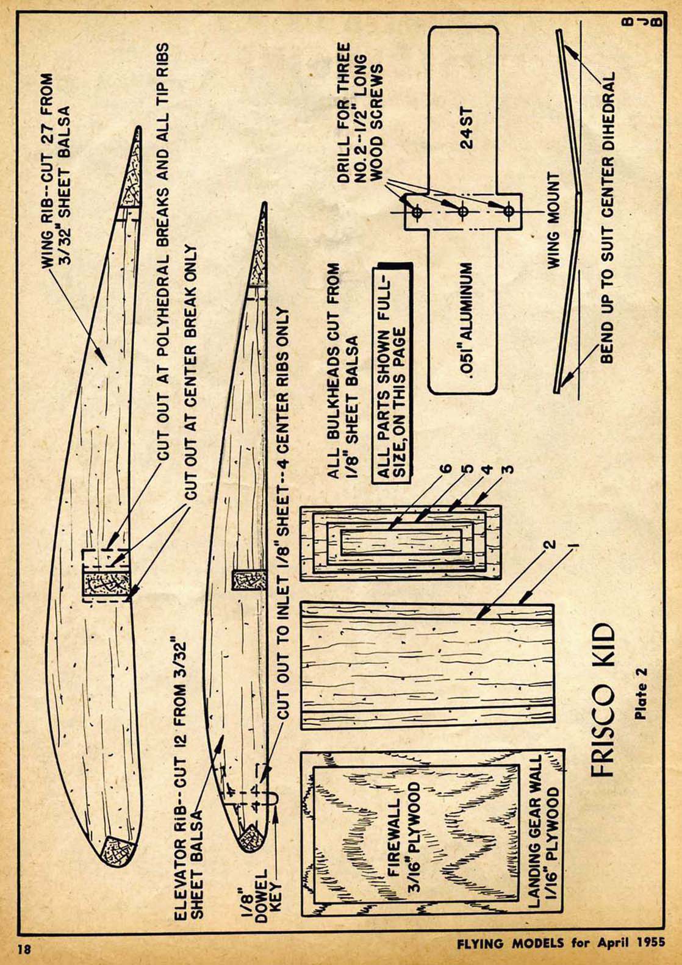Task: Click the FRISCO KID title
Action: click(x=603, y=700)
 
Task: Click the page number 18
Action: click(x=24, y=949)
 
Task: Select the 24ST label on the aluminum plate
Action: click(x=467, y=128)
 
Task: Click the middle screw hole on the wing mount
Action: click(x=463, y=212)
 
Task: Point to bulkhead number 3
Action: click(x=508, y=469)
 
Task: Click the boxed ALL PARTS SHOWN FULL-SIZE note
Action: click(x=392, y=374)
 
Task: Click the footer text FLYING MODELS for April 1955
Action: click(x=561, y=944)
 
